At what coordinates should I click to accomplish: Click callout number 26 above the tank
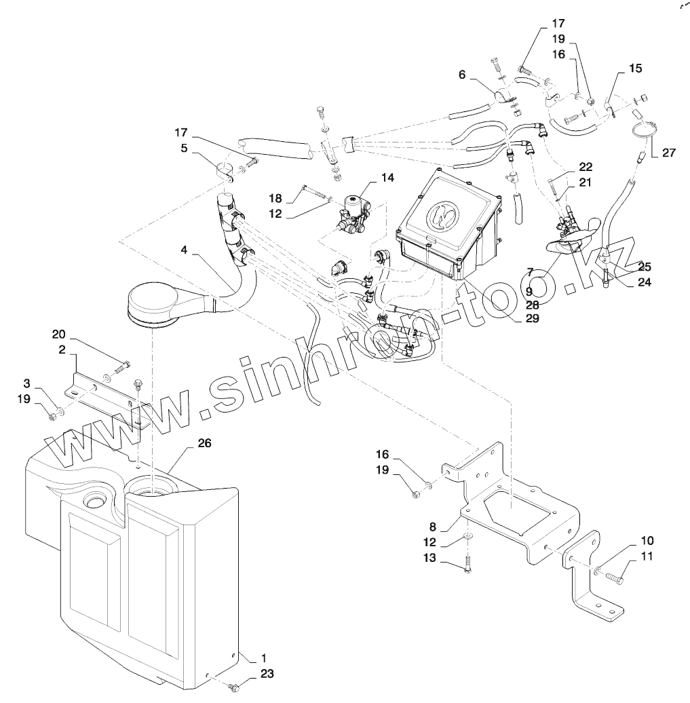click(x=204, y=443)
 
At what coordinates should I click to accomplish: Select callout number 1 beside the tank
click(x=264, y=658)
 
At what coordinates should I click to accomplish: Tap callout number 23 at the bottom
click(x=267, y=674)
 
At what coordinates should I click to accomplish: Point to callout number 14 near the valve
click(x=387, y=178)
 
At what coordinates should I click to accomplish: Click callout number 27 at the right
click(x=669, y=153)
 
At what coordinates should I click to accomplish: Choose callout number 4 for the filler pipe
click(x=184, y=250)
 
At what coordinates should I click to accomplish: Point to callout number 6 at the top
click(x=462, y=75)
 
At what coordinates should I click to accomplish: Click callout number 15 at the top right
click(x=635, y=69)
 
